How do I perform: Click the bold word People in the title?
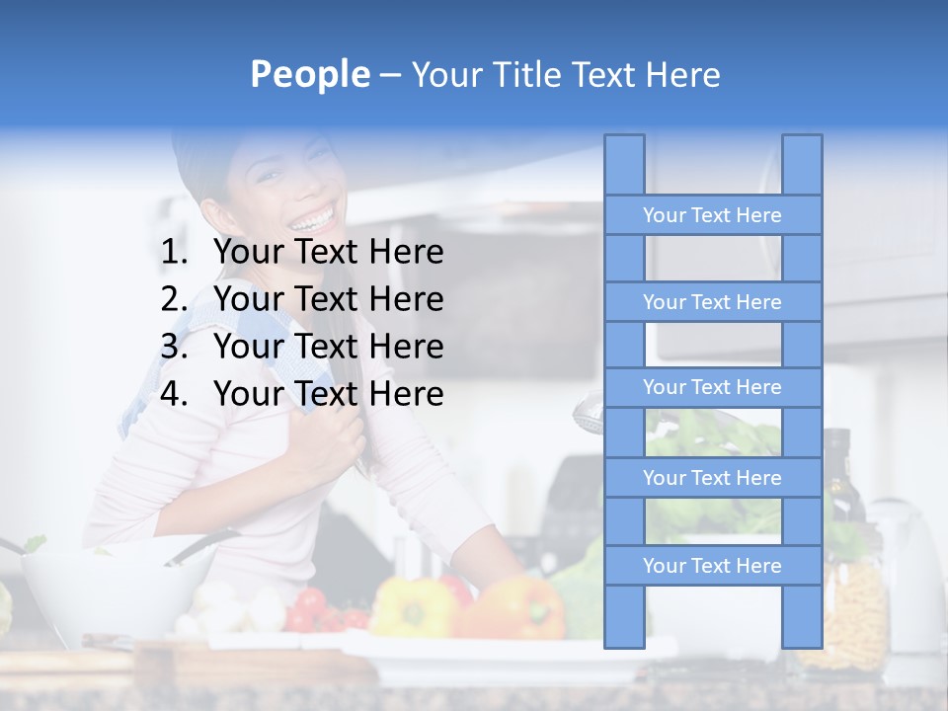click(310, 74)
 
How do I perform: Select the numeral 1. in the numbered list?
click(174, 253)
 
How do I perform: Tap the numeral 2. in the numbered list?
click(174, 299)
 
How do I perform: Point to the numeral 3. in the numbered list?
click(174, 347)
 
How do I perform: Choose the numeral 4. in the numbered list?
click(174, 394)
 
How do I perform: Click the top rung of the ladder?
click(712, 215)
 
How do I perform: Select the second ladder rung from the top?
click(712, 302)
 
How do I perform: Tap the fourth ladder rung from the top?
click(712, 478)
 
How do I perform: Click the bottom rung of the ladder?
click(712, 566)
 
